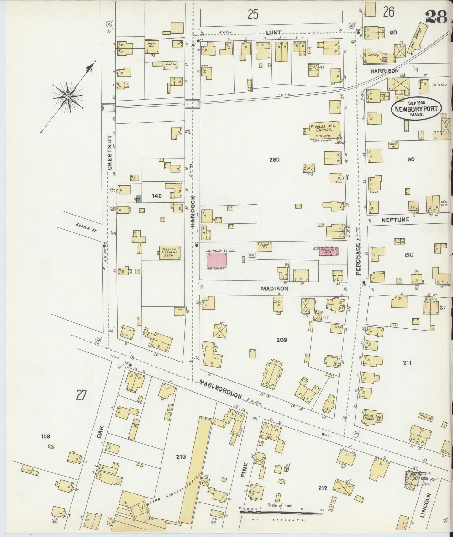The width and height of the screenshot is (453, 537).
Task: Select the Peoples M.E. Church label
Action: click(323, 128)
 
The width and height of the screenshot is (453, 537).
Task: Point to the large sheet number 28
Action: click(436, 18)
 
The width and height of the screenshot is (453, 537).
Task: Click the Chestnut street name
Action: click(110, 153)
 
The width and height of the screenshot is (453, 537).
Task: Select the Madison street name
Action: click(275, 289)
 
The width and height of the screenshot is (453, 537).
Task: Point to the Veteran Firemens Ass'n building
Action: click(170, 252)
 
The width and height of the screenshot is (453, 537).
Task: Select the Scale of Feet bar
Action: click(281, 512)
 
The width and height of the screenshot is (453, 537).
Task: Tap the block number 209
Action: click(282, 340)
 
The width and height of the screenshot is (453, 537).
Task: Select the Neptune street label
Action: click(395, 220)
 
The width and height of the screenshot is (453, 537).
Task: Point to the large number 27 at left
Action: click(81, 395)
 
